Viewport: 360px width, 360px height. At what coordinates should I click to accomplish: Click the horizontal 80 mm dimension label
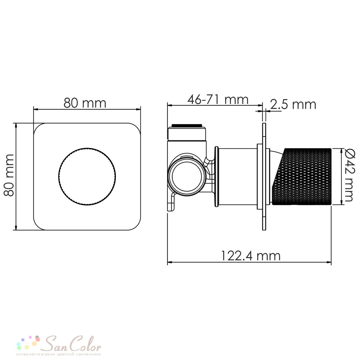tap(85, 103)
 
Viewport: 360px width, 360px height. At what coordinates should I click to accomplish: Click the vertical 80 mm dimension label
tap(9, 175)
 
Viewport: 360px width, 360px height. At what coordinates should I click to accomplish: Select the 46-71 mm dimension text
tap(218, 99)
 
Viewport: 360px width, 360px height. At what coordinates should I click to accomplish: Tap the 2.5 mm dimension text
tap(293, 104)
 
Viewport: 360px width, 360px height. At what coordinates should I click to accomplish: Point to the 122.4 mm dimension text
tap(251, 256)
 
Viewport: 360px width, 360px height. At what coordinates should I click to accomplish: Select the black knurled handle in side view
tap(302, 176)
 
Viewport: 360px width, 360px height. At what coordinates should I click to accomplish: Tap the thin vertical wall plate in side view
tap(264, 176)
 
